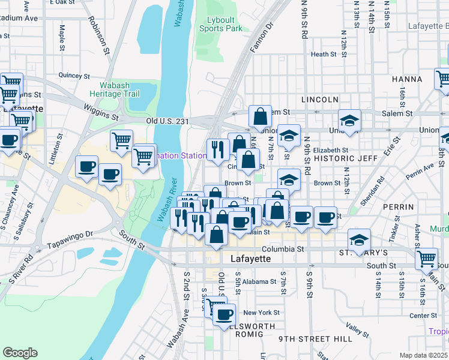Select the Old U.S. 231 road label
point(167,121)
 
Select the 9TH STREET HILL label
point(316,339)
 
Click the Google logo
point(20,353)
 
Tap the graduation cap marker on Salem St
point(349,119)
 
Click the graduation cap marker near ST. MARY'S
point(358,239)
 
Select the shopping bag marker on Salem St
point(261,115)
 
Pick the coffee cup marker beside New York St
point(225,314)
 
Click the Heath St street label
point(324,54)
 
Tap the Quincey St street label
point(74,76)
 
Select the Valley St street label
point(357,330)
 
